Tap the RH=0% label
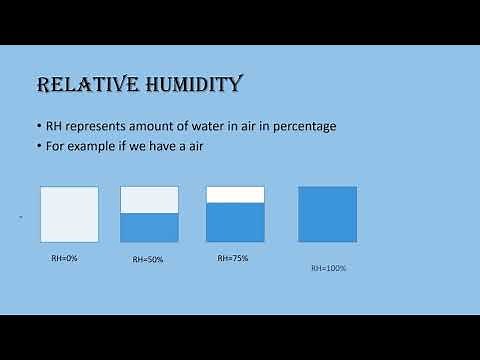pyautogui.click(x=65, y=257)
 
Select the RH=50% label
pyautogui.click(x=148, y=259)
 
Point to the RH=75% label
pyautogui.click(x=232, y=257)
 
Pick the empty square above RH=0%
pyautogui.click(x=69, y=214)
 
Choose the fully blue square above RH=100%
pyautogui.click(x=327, y=214)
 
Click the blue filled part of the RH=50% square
pyautogui.click(x=149, y=228)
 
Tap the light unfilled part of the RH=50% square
pyautogui.click(x=149, y=200)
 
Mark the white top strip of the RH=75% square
pyautogui.click(x=235, y=195)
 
